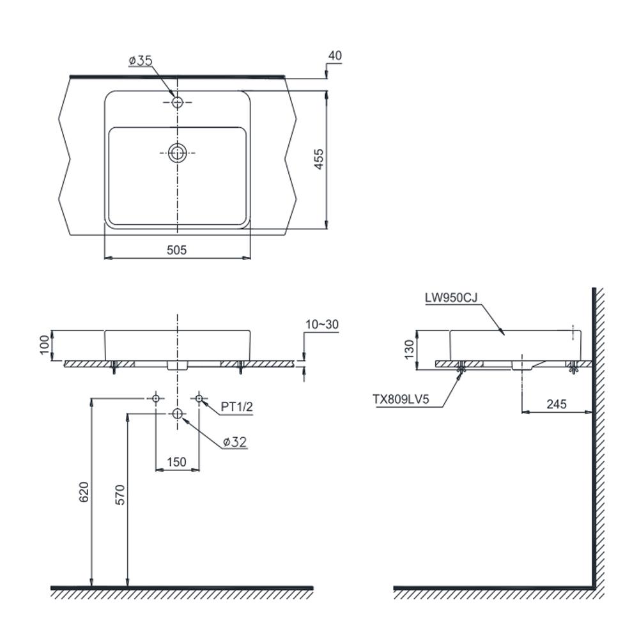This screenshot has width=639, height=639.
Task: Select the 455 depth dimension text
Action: [319, 159]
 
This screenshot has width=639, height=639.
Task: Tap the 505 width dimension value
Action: [177, 250]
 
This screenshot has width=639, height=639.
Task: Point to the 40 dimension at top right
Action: [335, 56]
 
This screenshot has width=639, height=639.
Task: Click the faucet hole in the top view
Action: [177, 102]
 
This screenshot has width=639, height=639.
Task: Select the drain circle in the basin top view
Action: [177, 153]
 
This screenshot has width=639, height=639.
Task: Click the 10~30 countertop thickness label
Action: [322, 325]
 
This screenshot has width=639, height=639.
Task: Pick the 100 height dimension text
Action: [45, 345]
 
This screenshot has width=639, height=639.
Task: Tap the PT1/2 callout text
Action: [237, 406]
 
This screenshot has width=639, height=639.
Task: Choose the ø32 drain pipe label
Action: [235, 442]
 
